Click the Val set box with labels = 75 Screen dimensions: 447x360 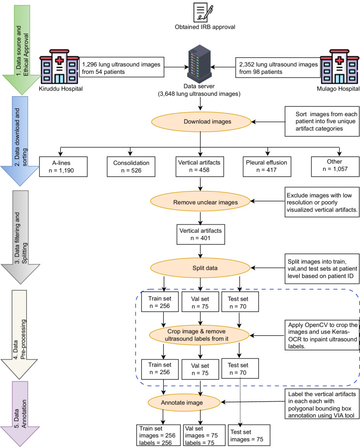(x=200, y=433)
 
